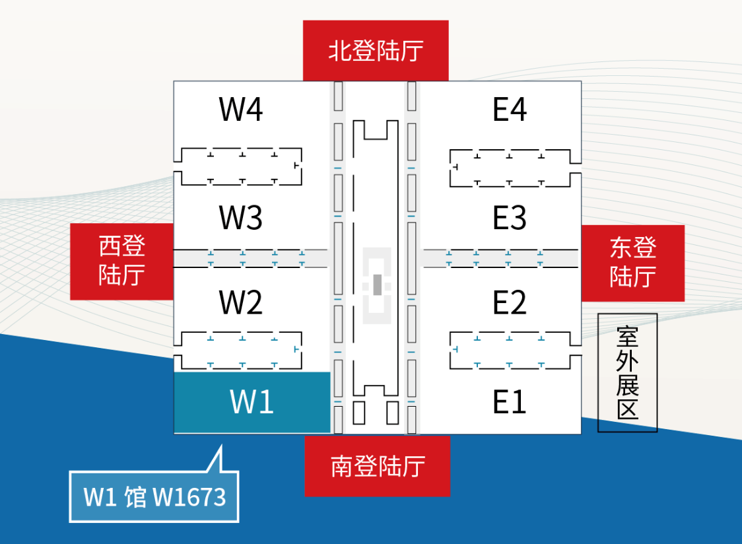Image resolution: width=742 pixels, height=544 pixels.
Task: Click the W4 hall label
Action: pos(241,110)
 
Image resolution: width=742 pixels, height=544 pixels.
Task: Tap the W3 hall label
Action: pos(241,217)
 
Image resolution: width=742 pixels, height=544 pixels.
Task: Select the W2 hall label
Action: pos(241,302)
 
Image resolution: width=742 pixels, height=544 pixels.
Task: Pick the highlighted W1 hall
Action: pos(252,402)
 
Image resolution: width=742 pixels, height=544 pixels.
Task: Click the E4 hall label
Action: pos(510,110)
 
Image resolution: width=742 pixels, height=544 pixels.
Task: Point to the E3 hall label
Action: pos(510,218)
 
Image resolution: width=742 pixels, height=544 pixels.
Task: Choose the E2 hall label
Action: pos(510,302)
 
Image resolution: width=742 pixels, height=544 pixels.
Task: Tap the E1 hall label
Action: pos(510,401)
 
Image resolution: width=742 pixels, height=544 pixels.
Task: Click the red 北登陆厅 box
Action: pos(376,51)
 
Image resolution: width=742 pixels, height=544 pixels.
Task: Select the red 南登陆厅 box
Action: pos(377,466)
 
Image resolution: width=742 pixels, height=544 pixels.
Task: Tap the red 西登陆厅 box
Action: pos(122,261)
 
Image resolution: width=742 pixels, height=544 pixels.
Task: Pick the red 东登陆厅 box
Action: pos(632,263)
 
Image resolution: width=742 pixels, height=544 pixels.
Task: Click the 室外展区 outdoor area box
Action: pos(627,372)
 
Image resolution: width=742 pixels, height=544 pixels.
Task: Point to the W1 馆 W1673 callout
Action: pos(154,496)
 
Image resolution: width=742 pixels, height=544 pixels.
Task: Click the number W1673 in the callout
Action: pos(189,497)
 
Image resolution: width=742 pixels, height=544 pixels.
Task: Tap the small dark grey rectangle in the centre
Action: pos(377,285)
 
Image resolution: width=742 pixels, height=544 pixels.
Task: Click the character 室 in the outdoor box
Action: pos(627,336)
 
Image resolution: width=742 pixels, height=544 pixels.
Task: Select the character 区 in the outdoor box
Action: pos(627,409)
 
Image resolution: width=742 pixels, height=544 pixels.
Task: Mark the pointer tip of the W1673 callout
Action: pos(220,446)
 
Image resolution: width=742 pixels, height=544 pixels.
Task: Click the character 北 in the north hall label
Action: pos(340,51)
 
